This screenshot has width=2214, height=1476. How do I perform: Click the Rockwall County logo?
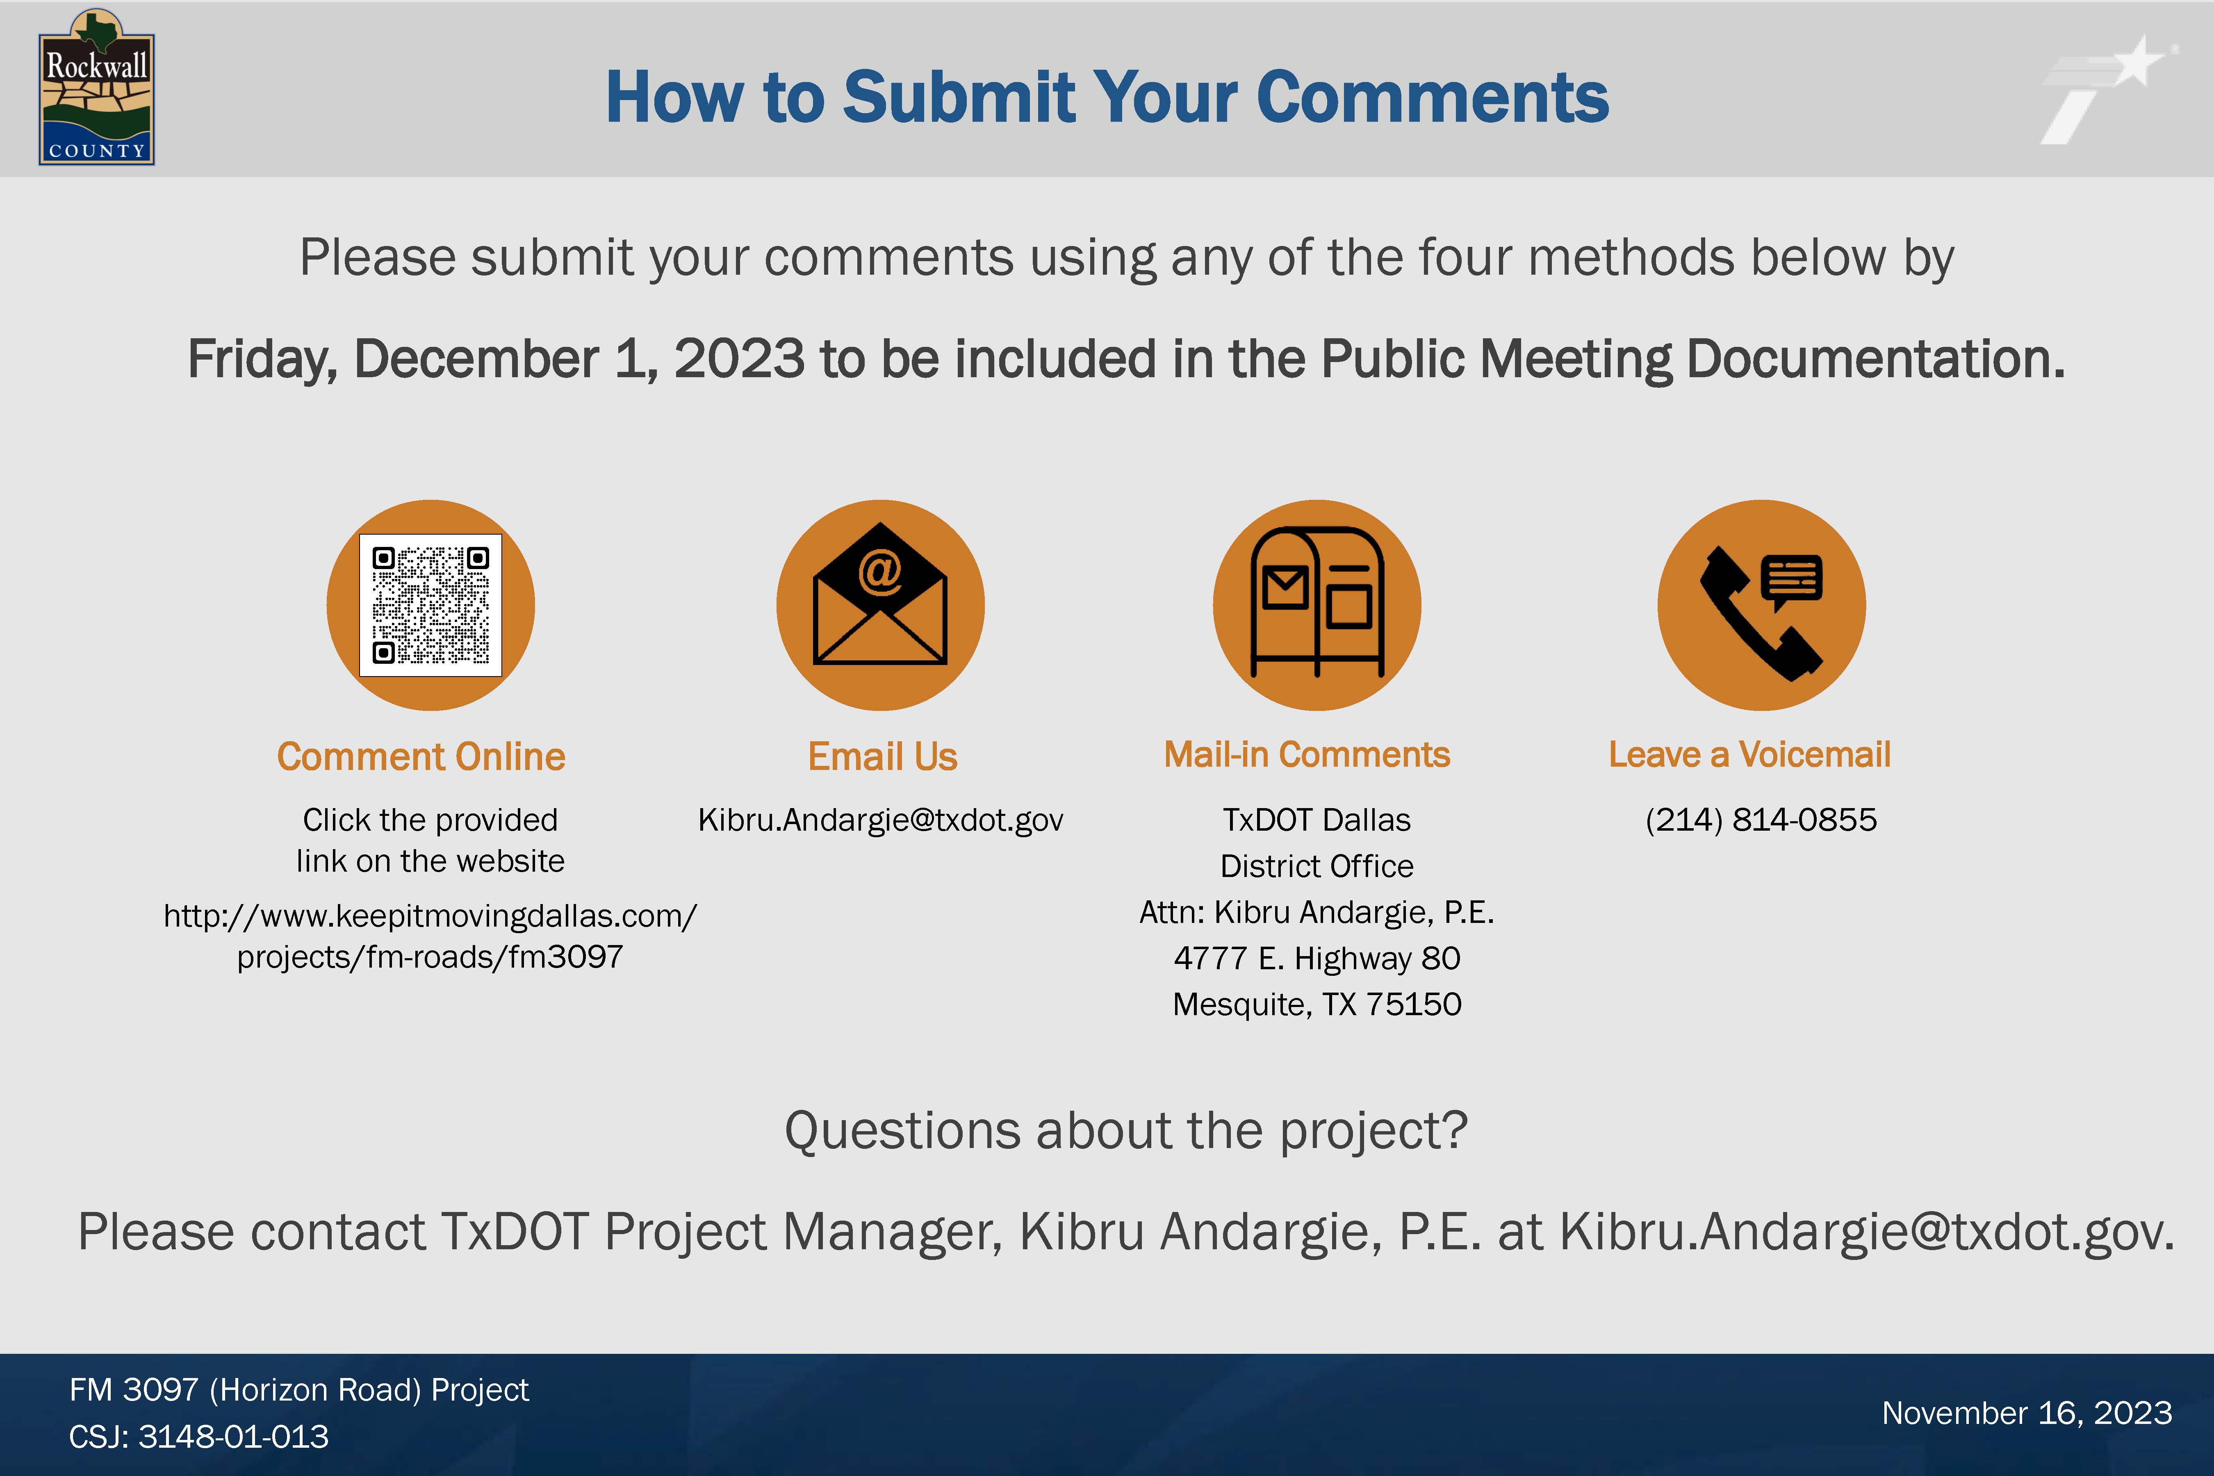coord(96,88)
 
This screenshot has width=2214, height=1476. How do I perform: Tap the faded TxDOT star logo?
coord(2107,89)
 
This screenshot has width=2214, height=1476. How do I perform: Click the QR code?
coord(430,605)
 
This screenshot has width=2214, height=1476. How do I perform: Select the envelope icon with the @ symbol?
coord(880,593)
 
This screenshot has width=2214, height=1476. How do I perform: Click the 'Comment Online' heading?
coord(421,757)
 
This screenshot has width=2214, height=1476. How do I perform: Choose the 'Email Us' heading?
coord(882,757)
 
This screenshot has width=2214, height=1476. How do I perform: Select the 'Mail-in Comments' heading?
coord(1307,755)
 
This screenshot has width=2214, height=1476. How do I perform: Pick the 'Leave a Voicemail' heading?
coord(1749,755)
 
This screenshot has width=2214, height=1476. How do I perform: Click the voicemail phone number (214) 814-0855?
coord(1760,820)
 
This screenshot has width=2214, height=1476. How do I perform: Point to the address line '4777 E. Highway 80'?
coord(1317,958)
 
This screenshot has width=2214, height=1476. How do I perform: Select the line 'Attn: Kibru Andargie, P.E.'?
coord(1317,912)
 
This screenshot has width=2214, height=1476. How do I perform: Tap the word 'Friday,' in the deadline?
coord(263,360)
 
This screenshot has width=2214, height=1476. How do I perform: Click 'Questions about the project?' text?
coord(1126,1130)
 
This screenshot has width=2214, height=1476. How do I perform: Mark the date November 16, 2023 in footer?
coord(2027,1413)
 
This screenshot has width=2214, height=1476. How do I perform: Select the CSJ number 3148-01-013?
coord(233,1437)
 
